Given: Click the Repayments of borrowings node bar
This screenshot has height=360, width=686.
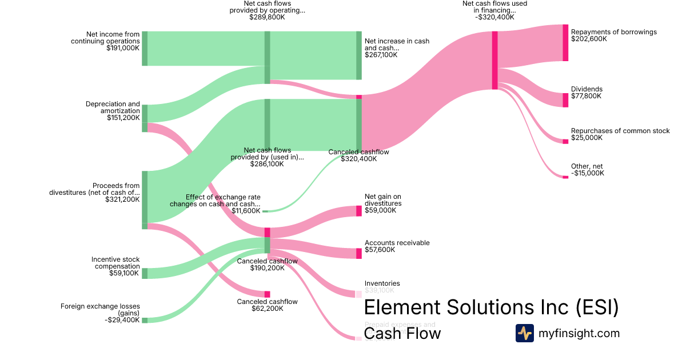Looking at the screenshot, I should pos(565,43).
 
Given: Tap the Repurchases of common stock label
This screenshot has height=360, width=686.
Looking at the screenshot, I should pos(620,134).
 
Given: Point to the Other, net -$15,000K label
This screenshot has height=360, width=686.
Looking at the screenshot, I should pos(587,170).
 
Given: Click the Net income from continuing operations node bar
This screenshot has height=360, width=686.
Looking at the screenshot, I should pos(145,49).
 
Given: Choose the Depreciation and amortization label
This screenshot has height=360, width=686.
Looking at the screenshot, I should pos(113,111).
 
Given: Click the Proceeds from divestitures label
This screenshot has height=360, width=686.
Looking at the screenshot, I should pos(94,193).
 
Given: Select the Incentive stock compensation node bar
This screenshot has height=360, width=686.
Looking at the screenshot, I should pos(145,273).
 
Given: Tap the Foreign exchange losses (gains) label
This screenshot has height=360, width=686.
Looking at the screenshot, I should pos(100,313).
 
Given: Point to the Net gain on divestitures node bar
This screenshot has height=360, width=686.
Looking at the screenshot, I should pos(359,211).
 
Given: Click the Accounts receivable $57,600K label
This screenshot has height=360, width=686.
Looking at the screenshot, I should pos(397,246).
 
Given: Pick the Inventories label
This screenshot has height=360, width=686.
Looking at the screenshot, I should pos(382,287).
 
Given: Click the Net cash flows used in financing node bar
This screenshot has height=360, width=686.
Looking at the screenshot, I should pos(494,60).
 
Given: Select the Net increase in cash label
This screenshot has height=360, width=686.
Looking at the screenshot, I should pos(397,48).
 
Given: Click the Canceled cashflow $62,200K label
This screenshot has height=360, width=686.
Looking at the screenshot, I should pos(268,305).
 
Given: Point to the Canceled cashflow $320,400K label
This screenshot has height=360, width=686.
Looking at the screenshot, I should pos(358,155).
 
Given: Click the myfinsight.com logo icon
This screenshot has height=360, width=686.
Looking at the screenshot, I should pos(524,333).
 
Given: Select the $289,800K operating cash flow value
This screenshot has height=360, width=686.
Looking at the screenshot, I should pos(267,17).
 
